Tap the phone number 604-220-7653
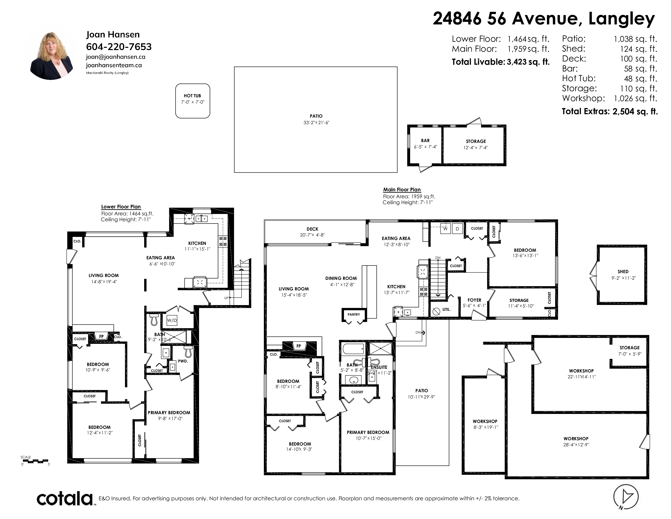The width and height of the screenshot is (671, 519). point(119,47)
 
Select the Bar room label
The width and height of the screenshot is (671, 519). point(425,140)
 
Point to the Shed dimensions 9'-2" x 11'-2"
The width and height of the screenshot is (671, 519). point(623,278)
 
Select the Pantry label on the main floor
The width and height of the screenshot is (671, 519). point(354,314)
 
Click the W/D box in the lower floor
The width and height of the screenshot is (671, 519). point(172,320)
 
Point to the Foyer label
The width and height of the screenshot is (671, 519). point(474,300)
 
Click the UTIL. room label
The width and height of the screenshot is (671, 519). point(446,309)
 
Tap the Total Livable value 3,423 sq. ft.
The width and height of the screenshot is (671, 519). point(528,62)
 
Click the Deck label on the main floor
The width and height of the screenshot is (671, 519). point(313,229)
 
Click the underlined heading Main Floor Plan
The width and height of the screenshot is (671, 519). point(402,190)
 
